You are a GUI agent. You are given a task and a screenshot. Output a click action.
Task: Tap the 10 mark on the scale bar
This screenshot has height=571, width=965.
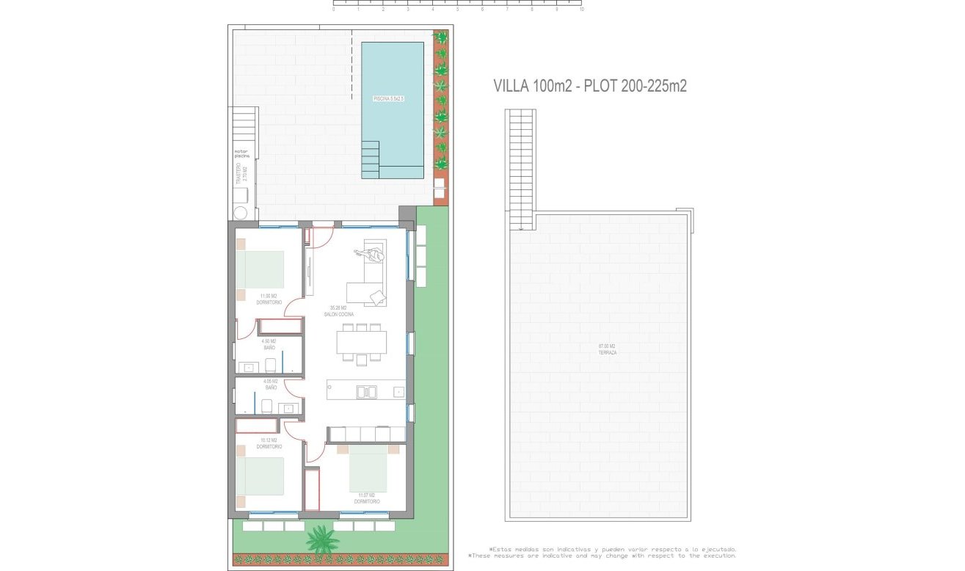(581, 10)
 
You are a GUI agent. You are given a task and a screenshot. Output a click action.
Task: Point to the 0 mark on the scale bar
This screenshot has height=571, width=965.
(334, 10)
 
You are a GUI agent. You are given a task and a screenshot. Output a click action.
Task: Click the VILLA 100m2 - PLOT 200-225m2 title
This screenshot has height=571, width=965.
(590, 87)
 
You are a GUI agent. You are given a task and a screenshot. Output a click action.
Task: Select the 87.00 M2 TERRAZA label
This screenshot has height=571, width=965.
(606, 349)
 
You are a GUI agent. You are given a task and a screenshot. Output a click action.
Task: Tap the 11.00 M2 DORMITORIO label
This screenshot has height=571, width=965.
(269, 299)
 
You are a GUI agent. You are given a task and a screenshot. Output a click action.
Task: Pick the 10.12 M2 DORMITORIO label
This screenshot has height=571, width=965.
(269, 443)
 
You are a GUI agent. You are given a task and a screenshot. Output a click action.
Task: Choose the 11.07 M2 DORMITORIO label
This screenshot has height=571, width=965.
(367, 499)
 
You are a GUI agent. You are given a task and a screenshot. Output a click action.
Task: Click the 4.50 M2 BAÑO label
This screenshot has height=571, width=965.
(269, 344)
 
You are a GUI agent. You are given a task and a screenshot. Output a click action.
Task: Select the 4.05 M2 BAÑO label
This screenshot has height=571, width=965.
(269, 385)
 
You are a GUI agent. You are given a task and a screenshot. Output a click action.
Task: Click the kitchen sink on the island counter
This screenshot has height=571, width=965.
(366, 392)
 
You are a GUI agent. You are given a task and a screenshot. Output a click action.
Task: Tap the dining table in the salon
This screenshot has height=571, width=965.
(362, 342)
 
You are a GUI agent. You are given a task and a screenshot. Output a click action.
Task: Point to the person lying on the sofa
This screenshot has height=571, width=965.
(373, 255)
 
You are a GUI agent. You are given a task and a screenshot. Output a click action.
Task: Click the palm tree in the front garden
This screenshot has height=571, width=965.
(322, 541)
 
